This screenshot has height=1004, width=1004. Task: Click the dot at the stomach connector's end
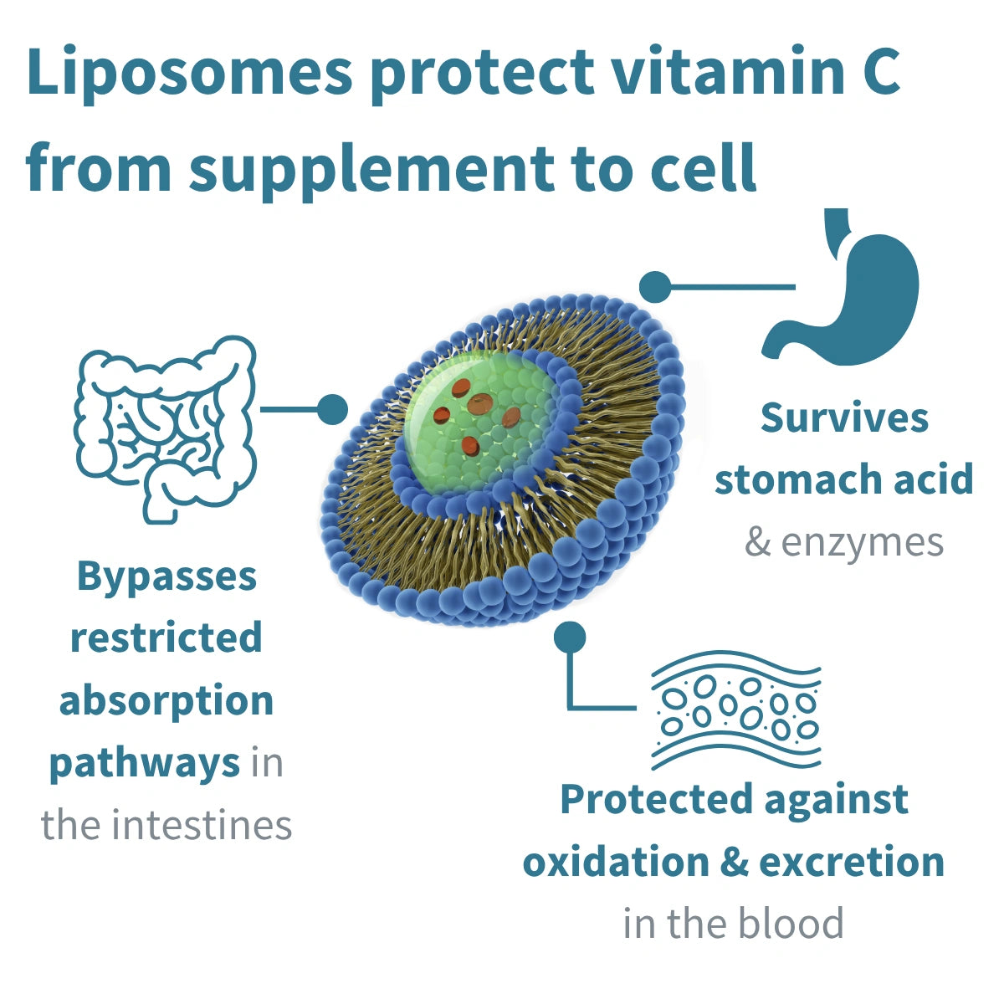click(x=655, y=287)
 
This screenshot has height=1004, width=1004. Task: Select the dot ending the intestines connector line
click(x=331, y=410)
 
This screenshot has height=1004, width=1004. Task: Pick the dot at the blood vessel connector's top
click(x=570, y=638)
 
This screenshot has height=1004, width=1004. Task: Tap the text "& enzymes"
click(x=843, y=542)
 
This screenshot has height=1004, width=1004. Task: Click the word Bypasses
click(x=166, y=577)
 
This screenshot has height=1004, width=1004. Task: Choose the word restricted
click(x=166, y=638)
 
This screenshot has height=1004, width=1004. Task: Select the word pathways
click(x=144, y=763)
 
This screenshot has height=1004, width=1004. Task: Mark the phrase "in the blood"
click(x=733, y=924)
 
